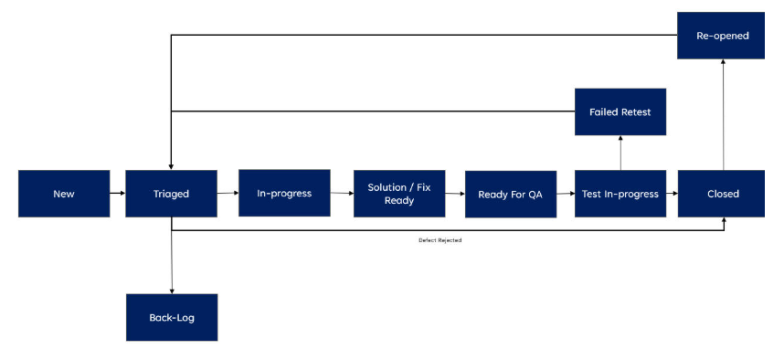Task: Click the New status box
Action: click(64, 194)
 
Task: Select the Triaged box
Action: click(171, 194)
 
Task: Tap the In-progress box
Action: click(284, 193)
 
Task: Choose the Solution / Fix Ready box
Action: click(399, 194)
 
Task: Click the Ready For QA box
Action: click(511, 194)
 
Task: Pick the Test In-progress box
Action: click(620, 194)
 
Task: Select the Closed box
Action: click(723, 194)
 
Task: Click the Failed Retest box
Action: click(620, 111)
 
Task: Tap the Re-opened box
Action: click(722, 36)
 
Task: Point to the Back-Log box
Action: click(172, 317)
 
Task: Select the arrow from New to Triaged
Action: click(117, 194)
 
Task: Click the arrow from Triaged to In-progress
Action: click(228, 193)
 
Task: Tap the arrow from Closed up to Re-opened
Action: click(723, 114)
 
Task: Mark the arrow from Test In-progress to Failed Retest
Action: click(620, 153)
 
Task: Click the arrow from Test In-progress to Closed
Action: click(672, 194)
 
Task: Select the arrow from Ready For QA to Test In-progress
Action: click(566, 194)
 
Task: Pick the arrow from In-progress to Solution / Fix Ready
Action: click(342, 193)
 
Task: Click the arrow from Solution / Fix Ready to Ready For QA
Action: click(455, 194)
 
